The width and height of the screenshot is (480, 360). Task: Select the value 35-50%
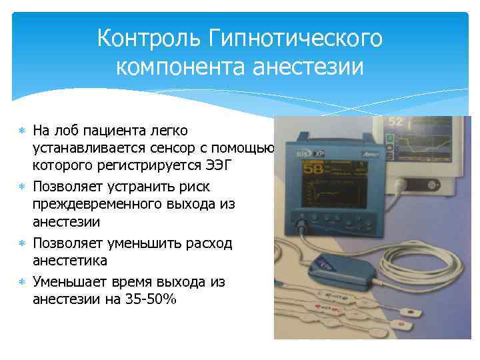(x=150, y=299)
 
